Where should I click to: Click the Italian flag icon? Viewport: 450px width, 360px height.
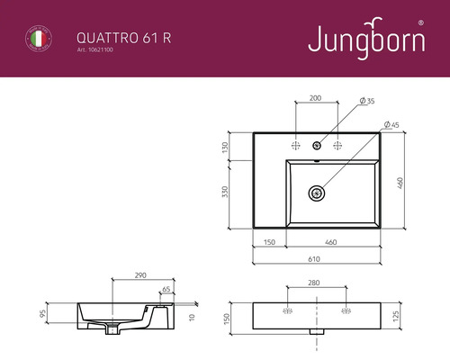pyautogui.click(x=37, y=40)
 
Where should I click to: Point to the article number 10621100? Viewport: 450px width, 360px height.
pyautogui.click(x=96, y=51)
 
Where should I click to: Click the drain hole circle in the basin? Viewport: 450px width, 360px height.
pyautogui.click(x=315, y=192)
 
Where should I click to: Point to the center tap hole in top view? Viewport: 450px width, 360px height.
pyautogui.click(x=316, y=145)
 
